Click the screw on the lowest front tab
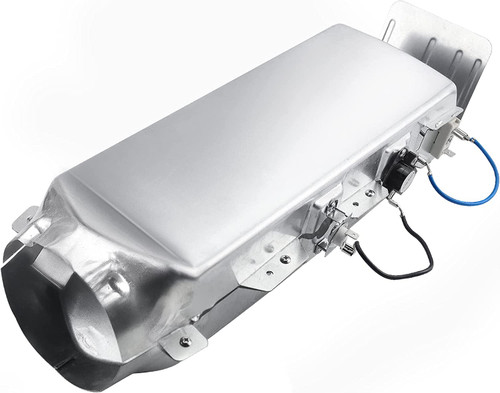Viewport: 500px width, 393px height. coord(183,343)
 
